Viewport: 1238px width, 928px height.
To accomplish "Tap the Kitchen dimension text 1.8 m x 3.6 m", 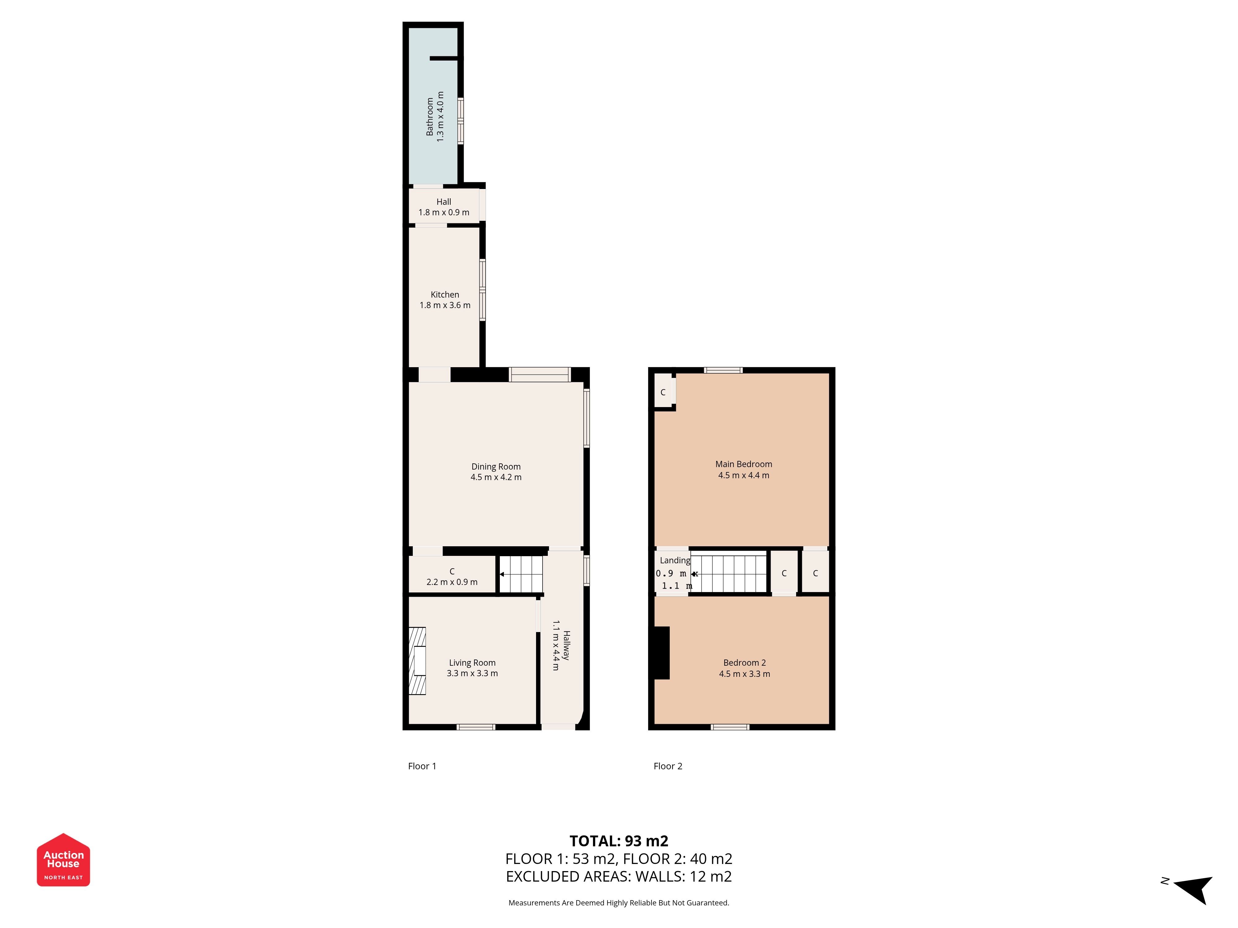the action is click(445, 305).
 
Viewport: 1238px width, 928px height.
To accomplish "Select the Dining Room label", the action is click(496, 466).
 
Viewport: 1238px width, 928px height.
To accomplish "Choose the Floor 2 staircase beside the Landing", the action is click(728, 572).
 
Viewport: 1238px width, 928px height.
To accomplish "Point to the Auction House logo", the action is click(63, 860).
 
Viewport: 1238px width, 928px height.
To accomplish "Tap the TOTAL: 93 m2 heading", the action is click(619, 841).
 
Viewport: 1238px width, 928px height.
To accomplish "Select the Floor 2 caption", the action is click(668, 766).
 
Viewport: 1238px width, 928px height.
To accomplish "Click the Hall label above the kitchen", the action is click(444, 202).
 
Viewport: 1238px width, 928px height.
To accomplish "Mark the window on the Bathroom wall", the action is click(461, 121).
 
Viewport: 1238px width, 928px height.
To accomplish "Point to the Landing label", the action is click(675, 561).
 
